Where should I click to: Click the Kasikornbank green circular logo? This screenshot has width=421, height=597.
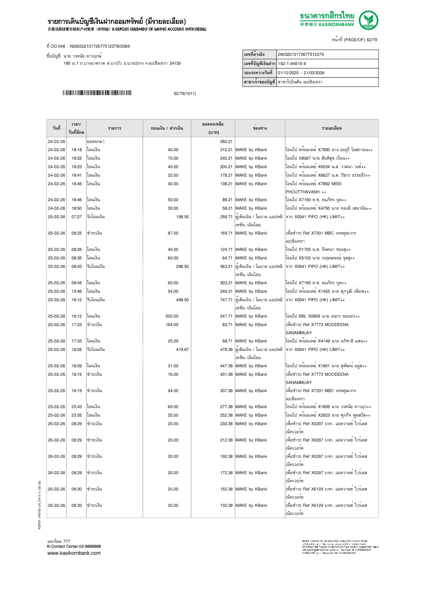(369, 20)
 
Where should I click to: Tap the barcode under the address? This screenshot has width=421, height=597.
(97, 93)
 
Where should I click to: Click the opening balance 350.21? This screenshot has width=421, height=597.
(226, 142)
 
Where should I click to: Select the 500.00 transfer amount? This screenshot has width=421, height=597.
(172, 316)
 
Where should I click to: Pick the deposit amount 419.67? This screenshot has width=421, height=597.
(182, 350)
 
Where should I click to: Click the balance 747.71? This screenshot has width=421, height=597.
(226, 300)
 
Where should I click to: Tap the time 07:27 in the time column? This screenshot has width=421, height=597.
(76, 217)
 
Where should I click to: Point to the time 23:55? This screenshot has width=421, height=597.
(76, 415)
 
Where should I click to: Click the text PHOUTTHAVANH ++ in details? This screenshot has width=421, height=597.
(306, 192)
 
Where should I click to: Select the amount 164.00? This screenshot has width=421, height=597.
(172, 325)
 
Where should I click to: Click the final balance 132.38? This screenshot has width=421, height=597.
(226, 505)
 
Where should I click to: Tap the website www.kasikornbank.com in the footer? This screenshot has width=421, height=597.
(74, 553)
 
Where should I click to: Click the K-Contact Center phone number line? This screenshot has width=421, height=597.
(74, 546)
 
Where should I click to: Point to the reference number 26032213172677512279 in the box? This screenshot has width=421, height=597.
(301, 54)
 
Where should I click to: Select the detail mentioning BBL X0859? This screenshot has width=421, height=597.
(322, 316)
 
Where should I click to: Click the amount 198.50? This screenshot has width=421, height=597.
(182, 217)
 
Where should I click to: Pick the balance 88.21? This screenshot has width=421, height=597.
(227, 200)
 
